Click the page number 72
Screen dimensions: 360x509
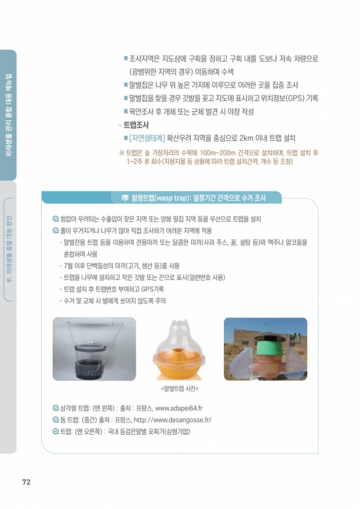(x=26, y=482)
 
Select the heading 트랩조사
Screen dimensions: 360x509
(x=136, y=125)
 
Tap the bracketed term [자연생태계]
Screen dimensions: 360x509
(x=147, y=138)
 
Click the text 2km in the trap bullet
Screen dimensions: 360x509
(x=246, y=138)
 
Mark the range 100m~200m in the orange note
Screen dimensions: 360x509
(x=218, y=153)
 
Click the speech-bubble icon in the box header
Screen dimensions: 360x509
(x=125, y=198)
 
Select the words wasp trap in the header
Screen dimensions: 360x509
(x=172, y=198)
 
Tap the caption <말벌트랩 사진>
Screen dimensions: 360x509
(x=180, y=389)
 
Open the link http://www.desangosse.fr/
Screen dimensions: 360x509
(x=172, y=420)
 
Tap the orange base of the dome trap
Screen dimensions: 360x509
(x=178, y=365)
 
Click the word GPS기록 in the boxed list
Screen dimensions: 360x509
(x=152, y=289)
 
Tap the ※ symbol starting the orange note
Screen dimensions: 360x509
(x=122, y=153)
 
